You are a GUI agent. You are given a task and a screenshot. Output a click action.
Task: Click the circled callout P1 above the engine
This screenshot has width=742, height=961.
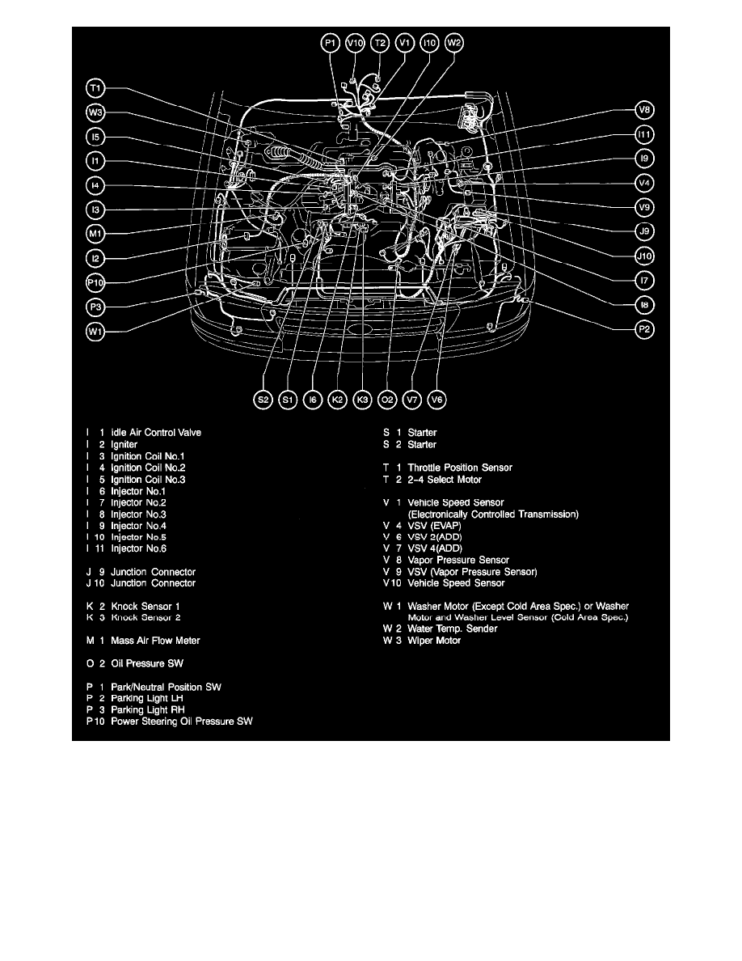point(331,43)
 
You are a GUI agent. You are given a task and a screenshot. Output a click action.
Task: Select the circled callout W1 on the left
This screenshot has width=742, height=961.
point(96,331)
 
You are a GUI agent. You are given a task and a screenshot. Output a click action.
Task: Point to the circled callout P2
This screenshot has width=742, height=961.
point(645,329)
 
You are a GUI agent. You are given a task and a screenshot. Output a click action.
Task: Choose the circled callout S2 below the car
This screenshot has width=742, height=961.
point(263,399)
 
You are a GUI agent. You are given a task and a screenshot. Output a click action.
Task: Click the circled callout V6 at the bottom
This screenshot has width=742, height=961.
point(437,399)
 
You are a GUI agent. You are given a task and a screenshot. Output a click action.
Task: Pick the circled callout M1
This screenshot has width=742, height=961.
point(96,234)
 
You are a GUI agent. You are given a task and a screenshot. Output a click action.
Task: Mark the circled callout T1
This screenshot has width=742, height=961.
point(96,87)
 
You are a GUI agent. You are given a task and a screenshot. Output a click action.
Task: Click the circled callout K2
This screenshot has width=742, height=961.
point(338,399)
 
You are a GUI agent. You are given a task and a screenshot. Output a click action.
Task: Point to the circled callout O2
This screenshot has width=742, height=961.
point(387,399)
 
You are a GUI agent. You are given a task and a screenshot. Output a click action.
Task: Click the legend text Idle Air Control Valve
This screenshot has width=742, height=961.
point(156,432)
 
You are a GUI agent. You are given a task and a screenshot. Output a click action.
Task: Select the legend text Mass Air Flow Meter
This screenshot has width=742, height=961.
point(155,641)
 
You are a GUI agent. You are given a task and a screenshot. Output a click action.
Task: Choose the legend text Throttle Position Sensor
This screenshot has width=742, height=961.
point(459,468)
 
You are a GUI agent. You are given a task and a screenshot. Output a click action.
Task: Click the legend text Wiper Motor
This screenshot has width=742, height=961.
point(434,641)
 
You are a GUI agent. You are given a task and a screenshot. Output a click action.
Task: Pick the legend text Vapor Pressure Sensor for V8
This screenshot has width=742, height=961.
point(458,560)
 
